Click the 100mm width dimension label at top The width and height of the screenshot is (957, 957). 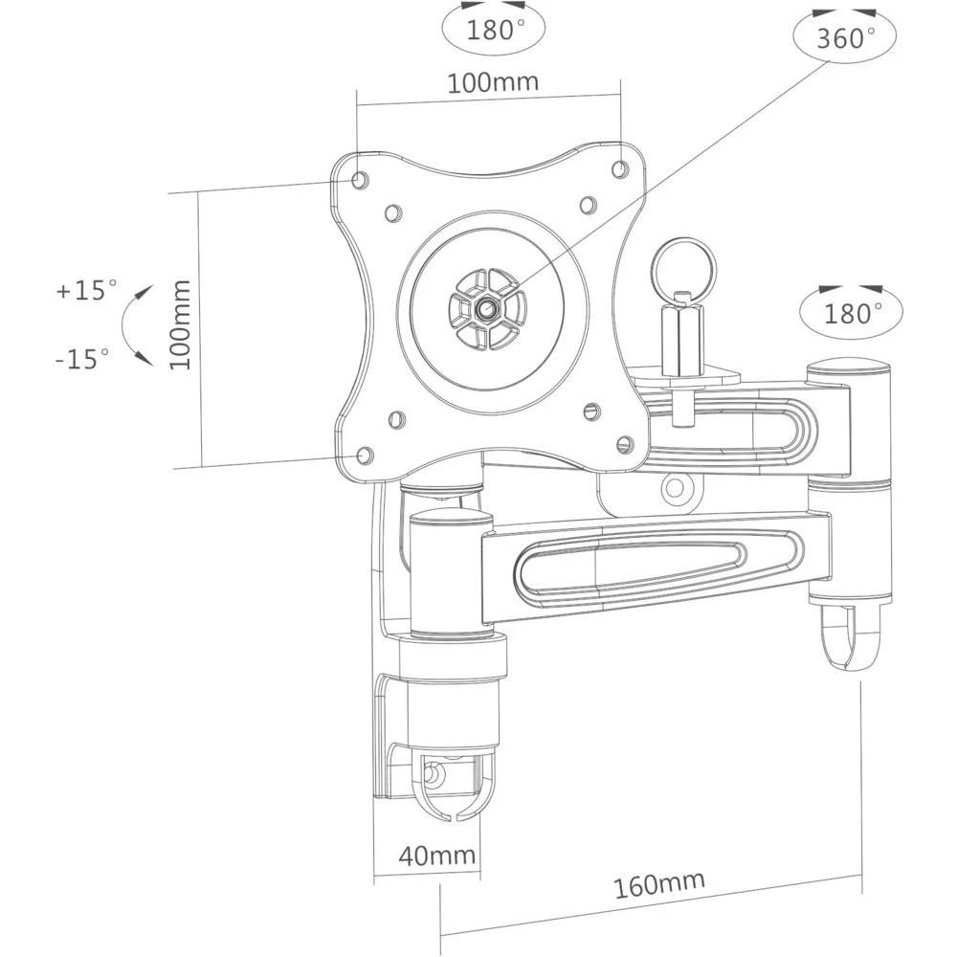493,82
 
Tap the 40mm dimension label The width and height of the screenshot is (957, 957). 426,856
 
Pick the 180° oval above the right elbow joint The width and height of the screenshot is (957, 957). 850,311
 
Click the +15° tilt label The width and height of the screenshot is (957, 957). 85,290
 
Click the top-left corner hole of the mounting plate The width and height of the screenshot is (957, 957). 360,179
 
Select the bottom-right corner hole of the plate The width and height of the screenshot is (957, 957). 625,443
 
